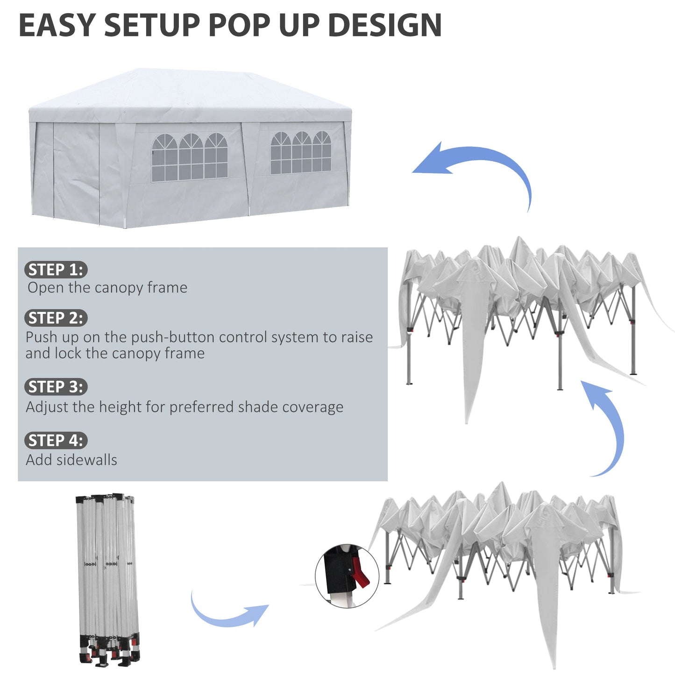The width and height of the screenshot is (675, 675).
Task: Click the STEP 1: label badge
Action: point(56,270)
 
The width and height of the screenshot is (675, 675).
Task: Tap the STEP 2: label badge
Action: point(56,318)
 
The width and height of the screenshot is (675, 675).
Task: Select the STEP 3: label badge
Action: point(56,387)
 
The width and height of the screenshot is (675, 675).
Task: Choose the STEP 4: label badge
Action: point(56,441)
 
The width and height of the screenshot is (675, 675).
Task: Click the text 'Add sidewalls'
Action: point(71,460)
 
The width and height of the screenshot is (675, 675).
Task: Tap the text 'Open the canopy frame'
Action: point(107,288)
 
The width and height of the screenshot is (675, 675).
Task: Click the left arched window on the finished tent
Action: point(190,157)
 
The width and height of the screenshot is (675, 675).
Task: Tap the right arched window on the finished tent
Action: point(301,153)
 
